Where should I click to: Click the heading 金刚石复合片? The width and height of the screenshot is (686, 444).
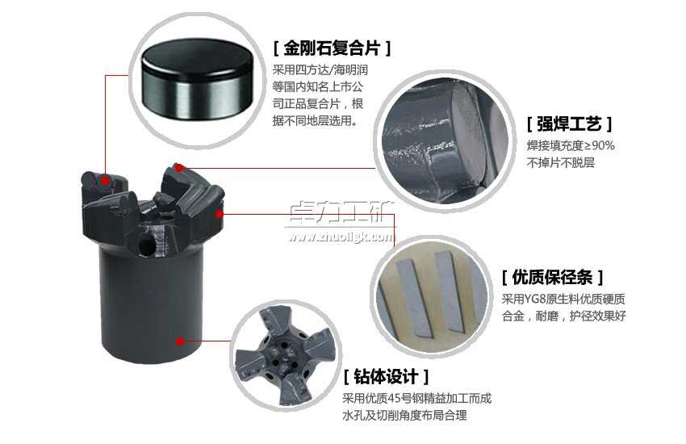[332, 48]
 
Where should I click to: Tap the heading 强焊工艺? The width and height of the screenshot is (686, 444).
[569, 124]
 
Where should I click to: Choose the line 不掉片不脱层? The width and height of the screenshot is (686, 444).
[561, 163]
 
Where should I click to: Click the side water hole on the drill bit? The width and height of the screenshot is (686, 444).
[148, 242]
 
